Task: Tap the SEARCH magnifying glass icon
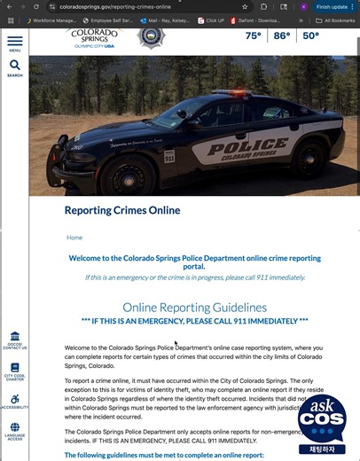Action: click(x=15, y=66)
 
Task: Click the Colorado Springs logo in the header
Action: click(x=90, y=36)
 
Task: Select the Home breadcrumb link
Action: click(x=74, y=238)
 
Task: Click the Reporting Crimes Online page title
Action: click(x=122, y=211)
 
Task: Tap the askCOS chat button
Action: click(x=321, y=424)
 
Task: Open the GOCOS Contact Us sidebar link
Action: click(x=15, y=341)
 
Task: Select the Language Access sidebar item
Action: click(x=15, y=431)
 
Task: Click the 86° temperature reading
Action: click(x=281, y=36)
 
